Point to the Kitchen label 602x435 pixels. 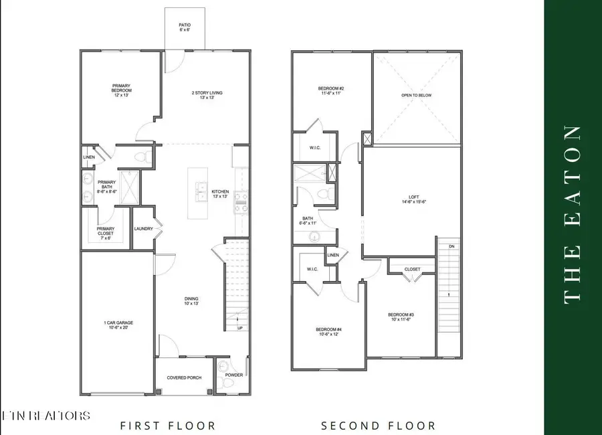(220, 193)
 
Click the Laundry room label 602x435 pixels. (144, 229)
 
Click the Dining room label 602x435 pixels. (192, 301)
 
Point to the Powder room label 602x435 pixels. (233, 375)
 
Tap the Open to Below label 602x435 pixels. (416, 96)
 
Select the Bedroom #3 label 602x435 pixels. (402, 317)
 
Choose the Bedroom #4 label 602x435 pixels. (330, 332)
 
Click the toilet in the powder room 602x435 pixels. (223, 367)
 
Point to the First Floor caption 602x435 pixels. (168, 425)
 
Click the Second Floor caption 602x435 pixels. (379, 425)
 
